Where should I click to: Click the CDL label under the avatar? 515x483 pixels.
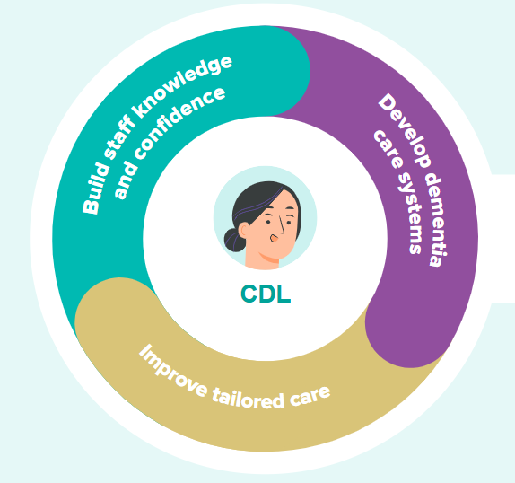pyautogui.click(x=266, y=294)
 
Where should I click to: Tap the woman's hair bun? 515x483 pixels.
pyautogui.click(x=234, y=240)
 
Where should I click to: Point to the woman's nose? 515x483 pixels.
pyautogui.click(x=281, y=225)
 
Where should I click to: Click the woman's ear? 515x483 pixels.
pyautogui.click(x=245, y=231)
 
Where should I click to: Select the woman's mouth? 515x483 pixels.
pyautogui.click(x=274, y=238)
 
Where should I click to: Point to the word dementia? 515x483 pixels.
pyautogui.click(x=436, y=219)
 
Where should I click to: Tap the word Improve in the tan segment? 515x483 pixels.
pyautogui.click(x=173, y=372)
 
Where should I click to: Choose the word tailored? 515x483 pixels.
pyautogui.click(x=248, y=398)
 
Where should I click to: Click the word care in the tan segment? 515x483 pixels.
pyautogui.click(x=310, y=395)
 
